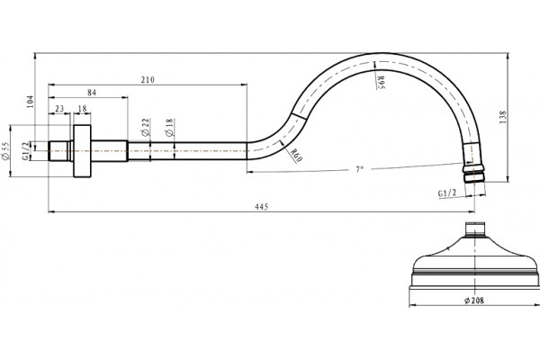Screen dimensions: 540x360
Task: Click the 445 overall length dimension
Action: tap(261, 207)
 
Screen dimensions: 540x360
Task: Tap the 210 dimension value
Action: tap(148, 80)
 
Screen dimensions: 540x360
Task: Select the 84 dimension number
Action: tap(92, 93)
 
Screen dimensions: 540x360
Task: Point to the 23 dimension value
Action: tap(59, 109)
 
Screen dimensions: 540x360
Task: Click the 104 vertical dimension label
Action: tap(31, 102)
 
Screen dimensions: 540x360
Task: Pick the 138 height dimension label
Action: tap(502, 118)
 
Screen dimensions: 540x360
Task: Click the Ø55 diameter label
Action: tap(6, 151)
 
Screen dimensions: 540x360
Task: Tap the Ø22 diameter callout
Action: tap(146, 127)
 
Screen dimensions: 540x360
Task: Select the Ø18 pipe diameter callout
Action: tap(170, 128)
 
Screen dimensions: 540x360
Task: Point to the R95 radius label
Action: tap(380, 83)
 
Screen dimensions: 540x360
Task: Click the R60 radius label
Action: tap(296, 156)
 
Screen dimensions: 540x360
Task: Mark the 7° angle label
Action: tap(359, 169)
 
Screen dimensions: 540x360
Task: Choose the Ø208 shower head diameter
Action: tap(474, 301)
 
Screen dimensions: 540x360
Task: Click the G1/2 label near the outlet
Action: tap(447, 193)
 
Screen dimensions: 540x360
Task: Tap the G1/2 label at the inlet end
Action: tap(25, 151)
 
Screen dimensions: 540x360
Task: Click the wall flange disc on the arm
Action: tap(83, 151)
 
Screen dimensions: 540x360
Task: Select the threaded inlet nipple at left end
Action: tap(58, 151)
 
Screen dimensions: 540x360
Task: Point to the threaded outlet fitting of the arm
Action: tap(473, 174)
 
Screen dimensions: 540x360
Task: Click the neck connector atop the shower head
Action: tap(475, 229)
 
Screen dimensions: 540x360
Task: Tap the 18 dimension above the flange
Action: tap(82, 109)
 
